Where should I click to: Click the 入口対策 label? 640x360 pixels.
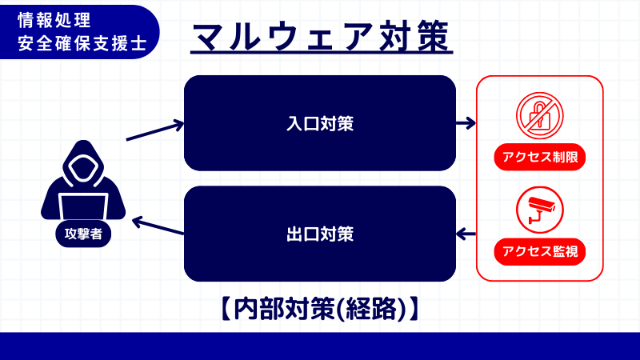[320, 124]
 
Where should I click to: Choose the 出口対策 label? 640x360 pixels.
[320, 234]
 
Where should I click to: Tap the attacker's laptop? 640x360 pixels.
[83, 206]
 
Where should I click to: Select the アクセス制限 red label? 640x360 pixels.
[540, 157]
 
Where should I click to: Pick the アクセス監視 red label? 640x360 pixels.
[540, 252]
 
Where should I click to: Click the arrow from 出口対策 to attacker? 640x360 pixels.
[158, 227]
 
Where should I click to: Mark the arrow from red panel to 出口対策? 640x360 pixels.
[466, 234]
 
